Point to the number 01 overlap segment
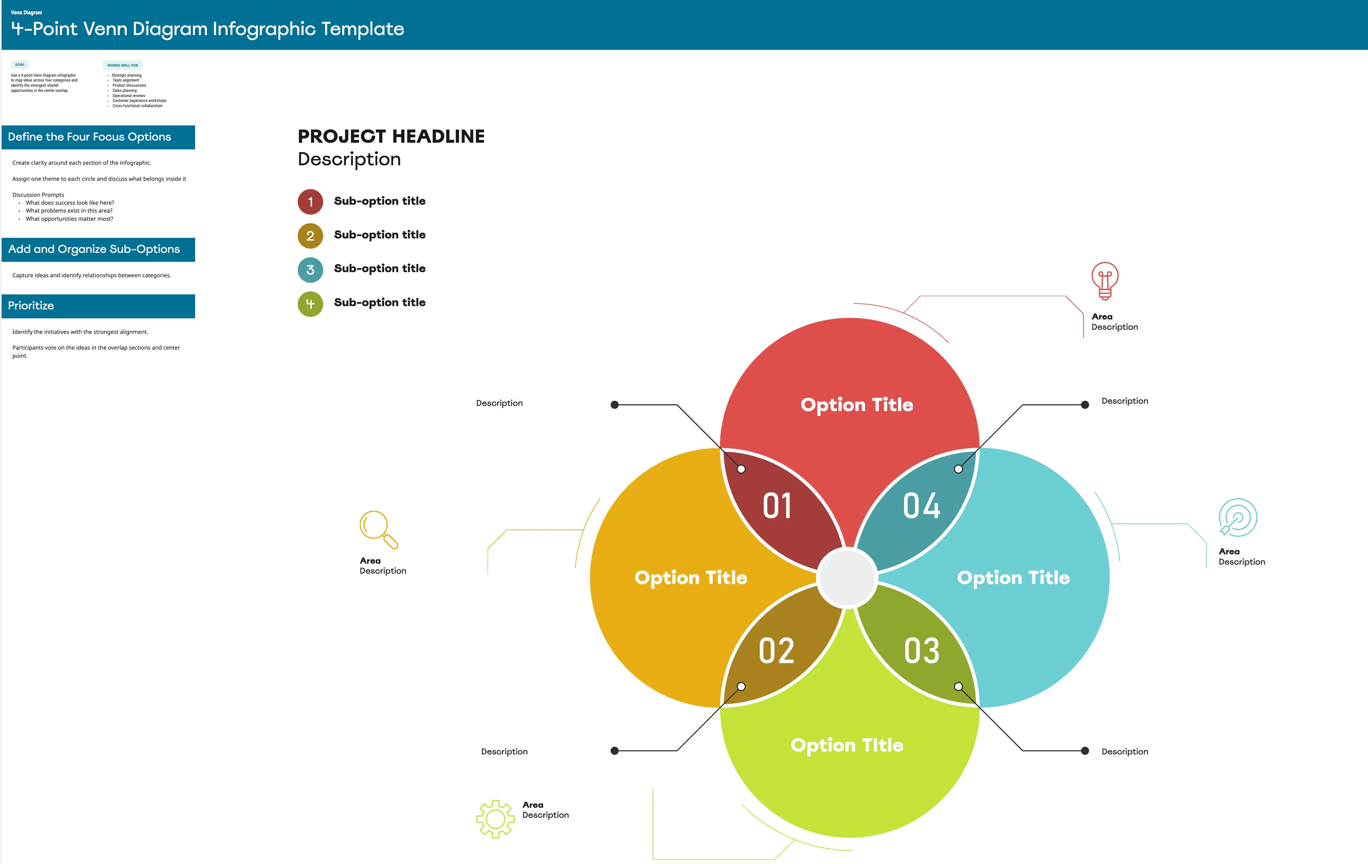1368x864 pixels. [x=777, y=506]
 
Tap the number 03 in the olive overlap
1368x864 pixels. [x=921, y=651]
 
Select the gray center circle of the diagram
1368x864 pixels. [x=847, y=577]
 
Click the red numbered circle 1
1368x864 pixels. [x=310, y=202]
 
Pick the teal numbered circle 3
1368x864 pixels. [x=310, y=270]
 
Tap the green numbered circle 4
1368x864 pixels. [x=310, y=304]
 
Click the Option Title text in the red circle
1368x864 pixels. [x=857, y=405]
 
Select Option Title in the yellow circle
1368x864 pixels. [x=691, y=577]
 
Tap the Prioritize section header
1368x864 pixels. [x=98, y=306]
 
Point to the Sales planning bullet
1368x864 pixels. [x=124, y=90]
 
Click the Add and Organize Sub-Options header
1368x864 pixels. [x=98, y=250]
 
